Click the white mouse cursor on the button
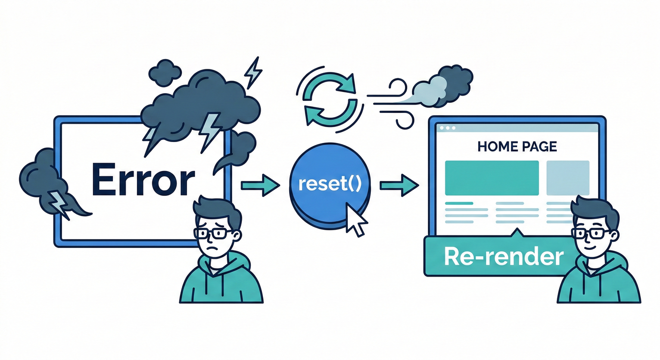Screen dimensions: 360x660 pos(355,219)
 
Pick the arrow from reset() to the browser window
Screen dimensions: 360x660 pos(398,186)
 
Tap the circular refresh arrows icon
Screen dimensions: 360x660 pos(326,100)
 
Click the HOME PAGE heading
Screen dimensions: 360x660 pos(517,147)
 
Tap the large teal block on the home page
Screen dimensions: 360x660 pos(492,178)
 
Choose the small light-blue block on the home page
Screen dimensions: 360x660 pos(568,178)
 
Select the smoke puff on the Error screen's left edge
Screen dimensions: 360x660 pos(45,183)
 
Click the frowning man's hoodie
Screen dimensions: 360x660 pos(220,281)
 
